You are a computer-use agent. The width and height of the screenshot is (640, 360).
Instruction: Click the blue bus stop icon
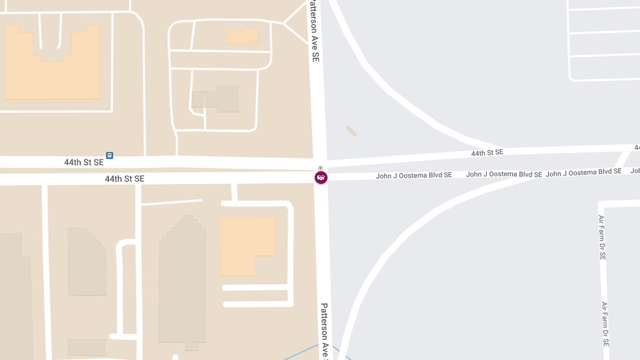pos(109,155)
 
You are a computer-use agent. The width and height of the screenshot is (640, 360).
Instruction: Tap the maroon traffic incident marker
pos(321,177)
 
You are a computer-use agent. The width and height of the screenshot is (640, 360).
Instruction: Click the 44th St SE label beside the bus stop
pos(84,162)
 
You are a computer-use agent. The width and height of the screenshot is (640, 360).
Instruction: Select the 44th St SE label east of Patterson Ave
pos(487,153)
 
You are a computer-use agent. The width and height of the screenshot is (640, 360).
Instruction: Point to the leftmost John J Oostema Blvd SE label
pos(414,175)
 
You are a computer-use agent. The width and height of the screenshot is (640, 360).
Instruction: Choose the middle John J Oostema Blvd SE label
pos(504,174)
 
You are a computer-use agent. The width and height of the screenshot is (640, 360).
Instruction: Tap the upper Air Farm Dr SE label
pos(602,237)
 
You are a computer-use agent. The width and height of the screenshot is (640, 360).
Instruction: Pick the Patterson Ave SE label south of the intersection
pos(324,331)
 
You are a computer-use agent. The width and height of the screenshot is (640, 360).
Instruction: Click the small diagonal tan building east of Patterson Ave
pos(351,131)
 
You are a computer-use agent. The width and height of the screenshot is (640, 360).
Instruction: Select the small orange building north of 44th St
pos(242,36)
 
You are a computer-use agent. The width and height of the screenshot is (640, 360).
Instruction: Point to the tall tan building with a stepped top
pos(182,283)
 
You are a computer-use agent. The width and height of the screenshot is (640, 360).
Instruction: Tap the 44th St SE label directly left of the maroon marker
pos(124,179)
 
